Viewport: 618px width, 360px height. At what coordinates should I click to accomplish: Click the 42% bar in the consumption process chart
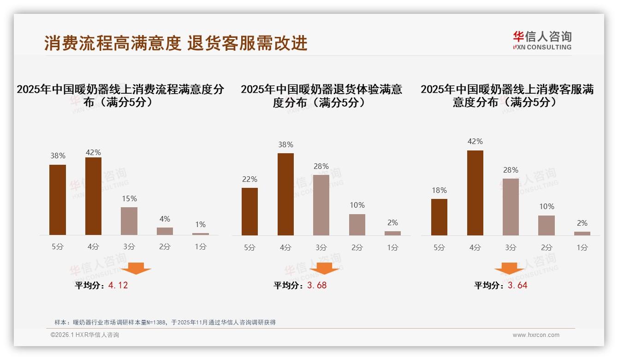click(93, 196)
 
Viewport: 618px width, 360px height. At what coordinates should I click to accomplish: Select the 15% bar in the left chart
click(129, 221)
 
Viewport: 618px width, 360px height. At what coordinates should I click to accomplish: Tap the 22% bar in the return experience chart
click(250, 211)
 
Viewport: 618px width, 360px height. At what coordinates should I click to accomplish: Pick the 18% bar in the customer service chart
click(439, 217)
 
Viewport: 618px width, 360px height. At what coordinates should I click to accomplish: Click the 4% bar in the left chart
click(165, 231)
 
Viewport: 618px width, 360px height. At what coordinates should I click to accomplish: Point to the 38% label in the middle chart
click(285, 145)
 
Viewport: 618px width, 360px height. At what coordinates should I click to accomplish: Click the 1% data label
click(200, 225)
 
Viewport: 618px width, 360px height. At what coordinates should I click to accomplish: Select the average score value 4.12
click(118, 285)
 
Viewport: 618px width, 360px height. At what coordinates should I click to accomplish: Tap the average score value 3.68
click(317, 285)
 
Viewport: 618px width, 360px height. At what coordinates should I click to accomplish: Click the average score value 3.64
click(517, 285)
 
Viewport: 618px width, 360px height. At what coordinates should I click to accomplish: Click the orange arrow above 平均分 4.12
click(136, 268)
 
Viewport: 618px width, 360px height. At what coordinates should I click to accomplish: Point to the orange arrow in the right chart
click(509, 268)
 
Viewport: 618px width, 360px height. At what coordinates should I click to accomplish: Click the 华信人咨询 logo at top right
click(542, 40)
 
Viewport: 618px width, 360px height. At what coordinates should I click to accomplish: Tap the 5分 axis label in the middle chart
click(250, 248)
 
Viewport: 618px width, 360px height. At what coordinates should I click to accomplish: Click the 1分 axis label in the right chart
click(582, 248)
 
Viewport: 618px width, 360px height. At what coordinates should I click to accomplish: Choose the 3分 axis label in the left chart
click(129, 247)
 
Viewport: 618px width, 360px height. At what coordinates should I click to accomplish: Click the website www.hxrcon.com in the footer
click(536, 335)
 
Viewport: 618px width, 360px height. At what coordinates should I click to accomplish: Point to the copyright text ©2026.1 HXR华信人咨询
click(85, 335)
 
